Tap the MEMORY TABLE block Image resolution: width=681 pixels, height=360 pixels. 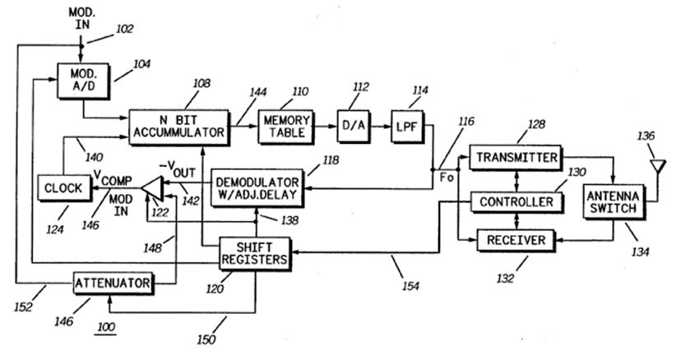pyautogui.click(x=284, y=126)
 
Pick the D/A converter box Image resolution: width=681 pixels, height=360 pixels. pyautogui.click(x=352, y=126)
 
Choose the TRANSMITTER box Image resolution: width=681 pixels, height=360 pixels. pyautogui.click(x=515, y=156)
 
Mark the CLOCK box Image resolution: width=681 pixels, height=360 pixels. pyautogui.click(x=63, y=187)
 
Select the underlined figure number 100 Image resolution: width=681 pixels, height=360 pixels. pyautogui.click(x=105, y=328)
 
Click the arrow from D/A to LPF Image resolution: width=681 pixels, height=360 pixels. pyautogui.click(x=379, y=126)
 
